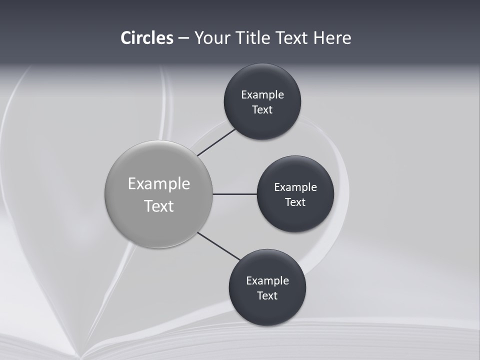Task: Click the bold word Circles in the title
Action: pos(147,38)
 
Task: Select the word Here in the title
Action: pos(332,38)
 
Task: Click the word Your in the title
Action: pos(211,38)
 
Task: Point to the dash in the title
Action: pos(183,38)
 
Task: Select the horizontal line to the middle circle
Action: pos(234,194)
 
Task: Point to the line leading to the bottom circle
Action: pos(218,246)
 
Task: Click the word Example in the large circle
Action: pos(159,184)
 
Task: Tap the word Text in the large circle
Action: pos(159,206)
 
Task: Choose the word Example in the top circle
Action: pos(262,95)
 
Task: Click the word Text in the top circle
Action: pos(262,110)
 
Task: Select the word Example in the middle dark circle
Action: pos(295,187)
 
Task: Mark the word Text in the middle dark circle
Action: pos(295,202)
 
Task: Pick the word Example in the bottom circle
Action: pos(267,281)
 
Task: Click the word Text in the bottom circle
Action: pos(267,296)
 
